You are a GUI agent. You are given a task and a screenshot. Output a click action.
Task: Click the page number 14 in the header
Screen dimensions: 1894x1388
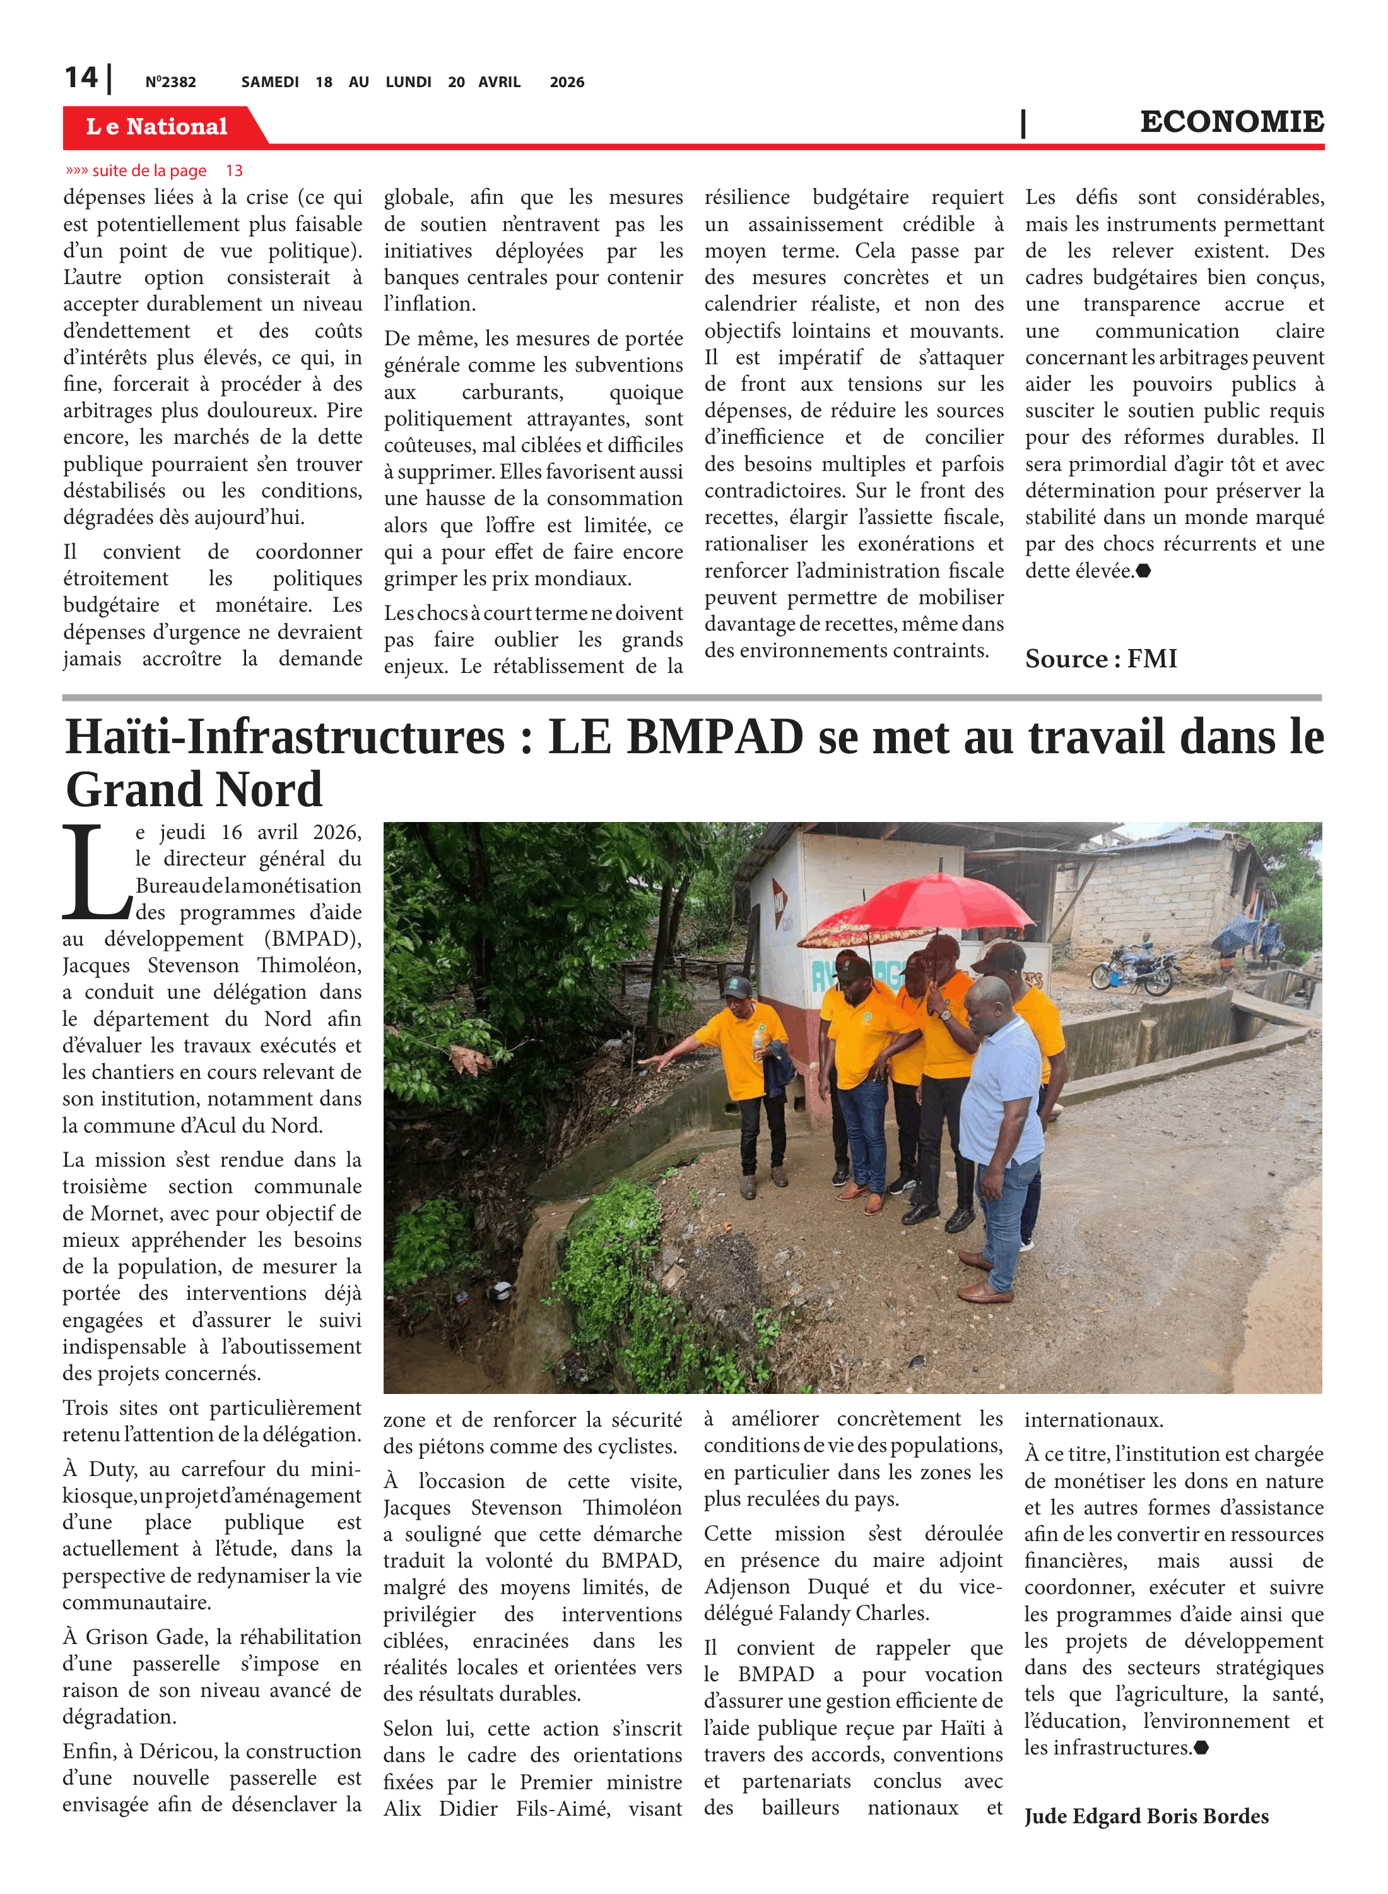click(x=81, y=78)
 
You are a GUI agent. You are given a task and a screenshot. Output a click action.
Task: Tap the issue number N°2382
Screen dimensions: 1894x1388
click(x=170, y=82)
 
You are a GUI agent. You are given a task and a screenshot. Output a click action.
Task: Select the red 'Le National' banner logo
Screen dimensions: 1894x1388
click(x=157, y=126)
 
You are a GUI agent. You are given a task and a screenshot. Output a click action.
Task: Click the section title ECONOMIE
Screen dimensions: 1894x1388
click(x=1231, y=122)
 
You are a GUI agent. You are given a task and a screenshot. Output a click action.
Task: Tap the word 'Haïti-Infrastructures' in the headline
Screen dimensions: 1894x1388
click(x=286, y=738)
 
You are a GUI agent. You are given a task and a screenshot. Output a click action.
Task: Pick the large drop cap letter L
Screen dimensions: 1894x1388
click(x=95, y=874)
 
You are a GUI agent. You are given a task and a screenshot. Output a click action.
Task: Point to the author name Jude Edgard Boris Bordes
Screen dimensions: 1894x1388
click(x=1145, y=1816)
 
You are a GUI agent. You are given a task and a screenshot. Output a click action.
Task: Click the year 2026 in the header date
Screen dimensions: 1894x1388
click(x=567, y=82)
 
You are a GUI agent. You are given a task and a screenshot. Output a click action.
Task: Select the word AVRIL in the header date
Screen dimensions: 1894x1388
click(x=499, y=82)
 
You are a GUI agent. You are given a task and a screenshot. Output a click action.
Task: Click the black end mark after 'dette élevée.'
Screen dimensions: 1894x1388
click(x=1143, y=571)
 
